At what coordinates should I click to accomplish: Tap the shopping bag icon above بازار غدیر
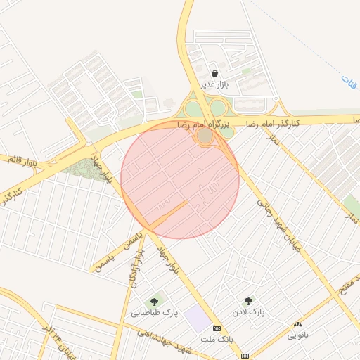(x=214, y=73)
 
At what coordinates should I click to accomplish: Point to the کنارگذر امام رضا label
(x=272, y=123)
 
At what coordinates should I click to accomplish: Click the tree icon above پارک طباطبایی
(x=154, y=302)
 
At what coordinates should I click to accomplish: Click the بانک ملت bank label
(x=216, y=339)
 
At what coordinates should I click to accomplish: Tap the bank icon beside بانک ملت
(x=217, y=328)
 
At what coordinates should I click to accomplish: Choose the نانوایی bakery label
(x=297, y=335)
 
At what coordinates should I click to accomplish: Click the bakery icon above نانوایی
(x=297, y=324)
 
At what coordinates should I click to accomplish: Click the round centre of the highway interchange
(x=205, y=135)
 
